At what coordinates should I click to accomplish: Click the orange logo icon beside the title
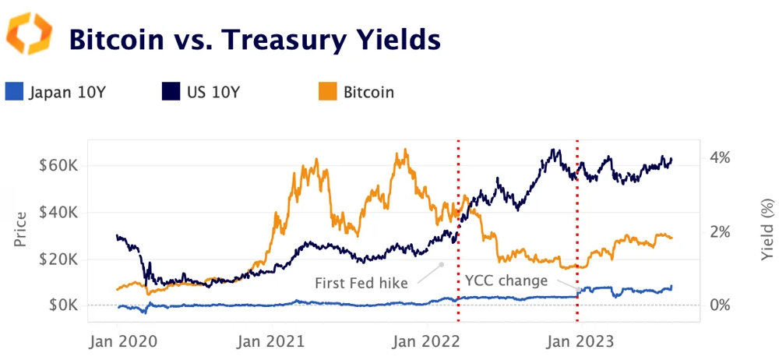tap(29, 34)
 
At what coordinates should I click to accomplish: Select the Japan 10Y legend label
tap(66, 93)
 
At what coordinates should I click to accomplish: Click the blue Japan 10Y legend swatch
tap(14, 92)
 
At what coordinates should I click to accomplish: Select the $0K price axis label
tap(63, 305)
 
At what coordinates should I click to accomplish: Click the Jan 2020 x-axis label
tap(124, 341)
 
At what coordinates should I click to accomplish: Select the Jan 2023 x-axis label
tap(576, 341)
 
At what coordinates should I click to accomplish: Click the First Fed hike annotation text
tap(361, 283)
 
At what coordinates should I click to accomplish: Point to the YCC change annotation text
tap(506, 281)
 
